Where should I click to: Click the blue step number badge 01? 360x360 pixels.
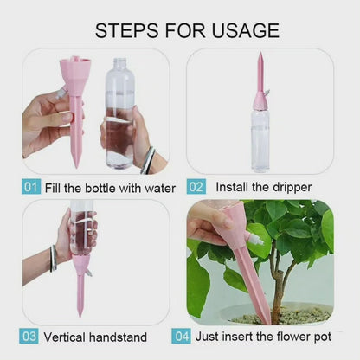[30, 187]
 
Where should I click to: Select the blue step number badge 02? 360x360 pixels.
[196, 187]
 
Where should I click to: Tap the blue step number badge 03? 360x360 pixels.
[30, 337]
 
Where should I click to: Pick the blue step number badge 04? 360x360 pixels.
[182, 337]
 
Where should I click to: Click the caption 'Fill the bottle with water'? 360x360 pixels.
[110, 187]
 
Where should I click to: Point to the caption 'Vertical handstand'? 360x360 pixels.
[95, 337]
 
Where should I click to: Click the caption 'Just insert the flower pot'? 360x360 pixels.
[262, 337]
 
